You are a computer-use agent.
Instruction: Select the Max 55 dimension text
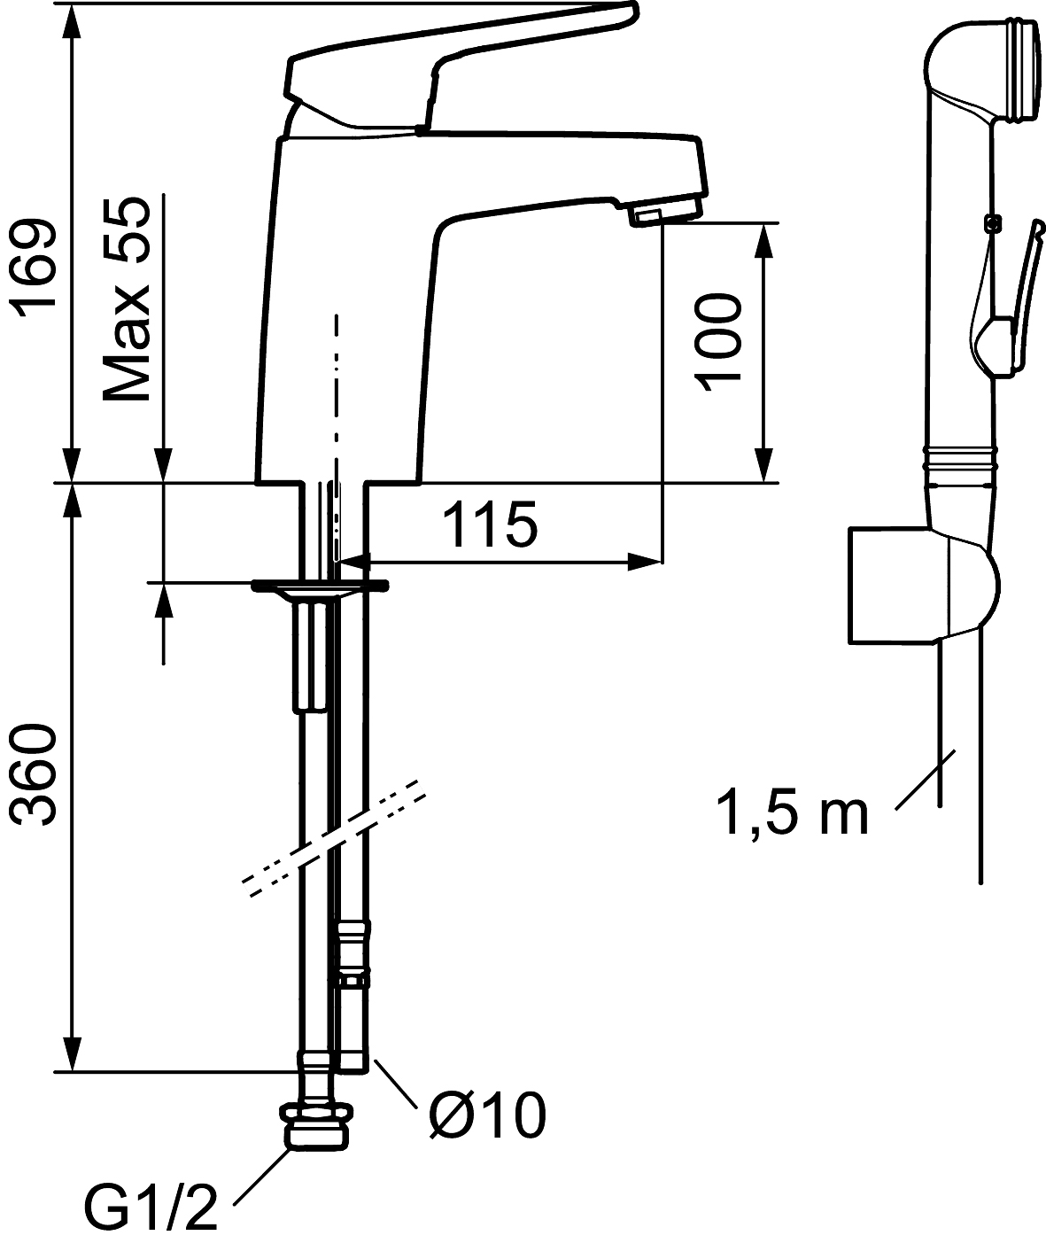pyautogui.click(x=126, y=299)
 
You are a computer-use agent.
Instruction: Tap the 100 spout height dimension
pyautogui.click(x=717, y=341)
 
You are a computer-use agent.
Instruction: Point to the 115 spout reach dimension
pyautogui.click(x=491, y=524)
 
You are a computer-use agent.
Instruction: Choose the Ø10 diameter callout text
pyautogui.click(x=487, y=1115)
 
